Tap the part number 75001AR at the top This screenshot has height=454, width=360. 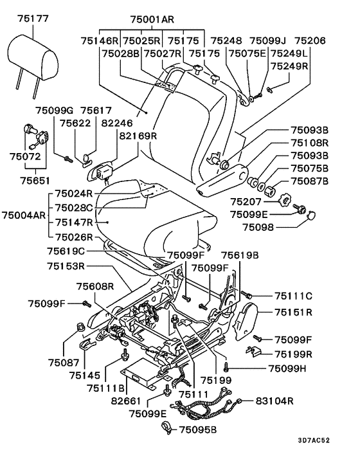[x=152, y=19]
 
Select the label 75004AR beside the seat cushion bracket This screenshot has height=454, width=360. [x=24, y=215]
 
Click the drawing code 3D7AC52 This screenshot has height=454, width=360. [x=314, y=440]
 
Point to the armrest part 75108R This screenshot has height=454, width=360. [x=222, y=180]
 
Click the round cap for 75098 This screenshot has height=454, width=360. [x=311, y=215]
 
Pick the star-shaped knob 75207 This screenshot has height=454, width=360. [x=284, y=201]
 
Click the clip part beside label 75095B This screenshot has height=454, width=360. [x=166, y=428]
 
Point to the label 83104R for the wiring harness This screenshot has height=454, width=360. [x=274, y=401]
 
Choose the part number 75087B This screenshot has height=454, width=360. [x=309, y=181]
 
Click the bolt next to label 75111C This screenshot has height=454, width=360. [x=247, y=295]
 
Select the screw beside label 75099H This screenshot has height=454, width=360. [x=226, y=367]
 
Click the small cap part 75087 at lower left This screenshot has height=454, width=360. [x=81, y=327]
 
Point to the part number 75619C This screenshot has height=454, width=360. [x=66, y=251]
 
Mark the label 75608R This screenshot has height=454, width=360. [x=95, y=286]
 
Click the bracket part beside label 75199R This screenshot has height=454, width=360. [x=253, y=350]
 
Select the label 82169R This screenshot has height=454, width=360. [x=138, y=136]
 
